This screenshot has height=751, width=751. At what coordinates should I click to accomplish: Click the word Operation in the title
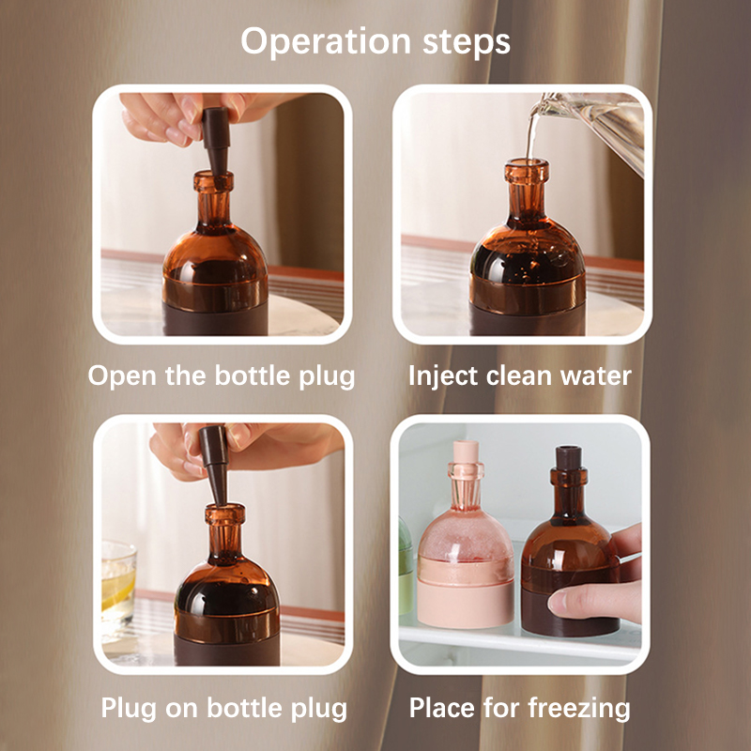pos(326,41)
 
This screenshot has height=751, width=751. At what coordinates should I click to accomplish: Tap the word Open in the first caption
pos(123,376)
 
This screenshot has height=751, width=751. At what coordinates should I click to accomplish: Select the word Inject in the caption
pos(443,376)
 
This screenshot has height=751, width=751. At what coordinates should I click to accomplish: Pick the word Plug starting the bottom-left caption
pos(129,709)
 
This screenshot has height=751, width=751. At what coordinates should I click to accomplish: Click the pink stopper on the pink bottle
pos(466,452)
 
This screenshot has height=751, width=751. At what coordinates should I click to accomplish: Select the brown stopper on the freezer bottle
pos(569,458)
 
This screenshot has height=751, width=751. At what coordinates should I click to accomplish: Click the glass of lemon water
pos(118,583)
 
